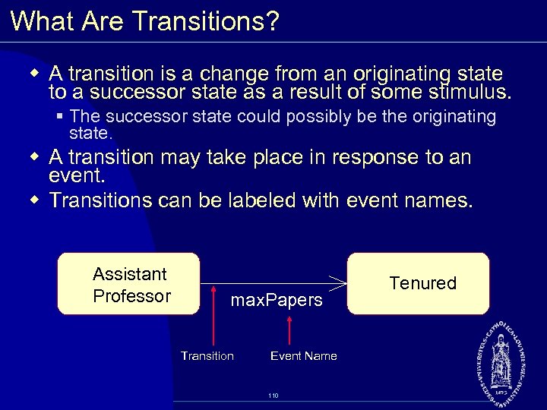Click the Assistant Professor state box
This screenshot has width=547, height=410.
tap(128, 284)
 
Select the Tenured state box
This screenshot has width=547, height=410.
tap(419, 283)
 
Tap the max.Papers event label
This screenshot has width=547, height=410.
tap(277, 301)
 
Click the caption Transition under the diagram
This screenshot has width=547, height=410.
tap(207, 355)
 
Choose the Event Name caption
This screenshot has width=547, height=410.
tap(303, 355)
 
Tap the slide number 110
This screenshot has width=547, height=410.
tap(273, 396)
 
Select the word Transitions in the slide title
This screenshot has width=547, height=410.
tap(198, 21)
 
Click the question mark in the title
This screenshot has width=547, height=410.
tap(272, 21)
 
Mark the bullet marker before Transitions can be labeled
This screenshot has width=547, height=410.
tap(35, 200)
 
